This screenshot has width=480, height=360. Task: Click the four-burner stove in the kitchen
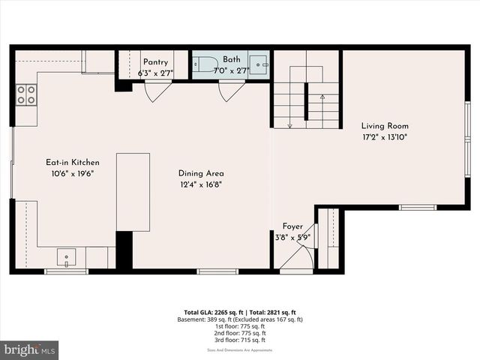[x=27, y=94]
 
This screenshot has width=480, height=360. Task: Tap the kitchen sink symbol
[x=67, y=258]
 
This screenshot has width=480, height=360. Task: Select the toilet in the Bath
[x=207, y=64]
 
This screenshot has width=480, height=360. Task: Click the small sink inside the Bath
[x=259, y=64]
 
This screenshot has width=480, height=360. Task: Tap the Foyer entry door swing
[x=298, y=257]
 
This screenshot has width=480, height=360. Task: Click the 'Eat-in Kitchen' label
[x=73, y=162]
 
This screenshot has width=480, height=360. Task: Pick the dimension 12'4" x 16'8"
[x=201, y=184]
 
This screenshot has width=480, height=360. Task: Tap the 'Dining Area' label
[x=201, y=173]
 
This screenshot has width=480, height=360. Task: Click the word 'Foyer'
[x=292, y=226]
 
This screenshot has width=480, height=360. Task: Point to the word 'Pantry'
[x=155, y=62]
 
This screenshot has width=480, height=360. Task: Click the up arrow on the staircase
[x=322, y=97]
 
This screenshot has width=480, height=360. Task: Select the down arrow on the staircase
[x=289, y=124]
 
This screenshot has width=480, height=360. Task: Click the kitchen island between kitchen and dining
[x=133, y=192]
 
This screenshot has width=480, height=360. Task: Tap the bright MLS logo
[x=30, y=350]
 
